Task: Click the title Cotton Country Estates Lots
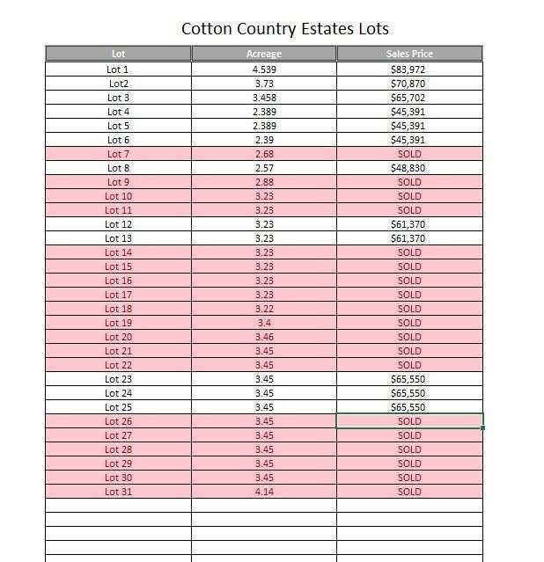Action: pyautogui.click(x=284, y=29)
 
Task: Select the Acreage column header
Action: pyautogui.click(x=263, y=55)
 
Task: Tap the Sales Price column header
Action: pyautogui.click(x=409, y=55)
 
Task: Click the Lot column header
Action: pyautogui.click(x=118, y=55)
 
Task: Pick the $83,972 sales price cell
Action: pyautogui.click(x=408, y=69)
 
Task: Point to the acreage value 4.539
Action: pyautogui.click(x=263, y=69)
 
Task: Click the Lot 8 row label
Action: pyautogui.click(x=118, y=168)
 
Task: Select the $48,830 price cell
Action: pyautogui.click(x=408, y=168)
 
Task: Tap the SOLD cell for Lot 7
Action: pyautogui.click(x=409, y=154)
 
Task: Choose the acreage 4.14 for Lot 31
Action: pyautogui.click(x=263, y=492)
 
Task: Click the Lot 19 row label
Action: pyautogui.click(x=118, y=323)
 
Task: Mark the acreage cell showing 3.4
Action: pyautogui.click(x=263, y=323)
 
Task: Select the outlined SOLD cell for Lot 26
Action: pyautogui.click(x=409, y=421)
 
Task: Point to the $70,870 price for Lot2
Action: pyautogui.click(x=408, y=84)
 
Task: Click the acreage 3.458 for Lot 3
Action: pyautogui.click(x=263, y=98)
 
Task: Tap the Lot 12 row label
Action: pyautogui.click(x=118, y=224)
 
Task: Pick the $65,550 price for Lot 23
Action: pyautogui.click(x=408, y=379)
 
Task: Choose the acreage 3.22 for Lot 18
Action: pyautogui.click(x=263, y=309)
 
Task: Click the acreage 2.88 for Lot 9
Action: pyautogui.click(x=263, y=182)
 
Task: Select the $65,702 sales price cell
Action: pyautogui.click(x=408, y=98)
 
